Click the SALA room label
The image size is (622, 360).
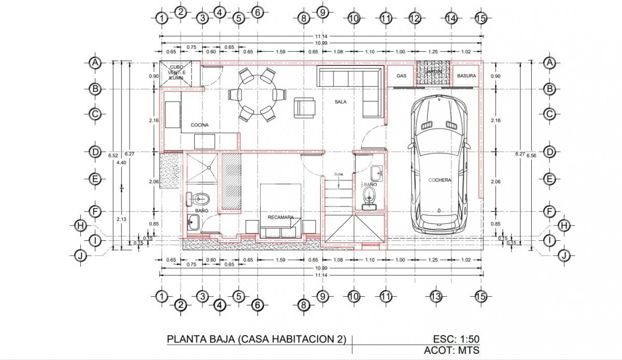click(341, 102)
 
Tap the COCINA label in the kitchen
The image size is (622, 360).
click(200, 125)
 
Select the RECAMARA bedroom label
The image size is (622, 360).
click(280, 218)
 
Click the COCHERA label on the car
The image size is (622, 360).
click(440, 180)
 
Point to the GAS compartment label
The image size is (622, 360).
click(401, 76)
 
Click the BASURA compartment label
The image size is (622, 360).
click(466, 76)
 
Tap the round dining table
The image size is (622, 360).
click(257, 95)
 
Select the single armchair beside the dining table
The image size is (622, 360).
click(304, 107)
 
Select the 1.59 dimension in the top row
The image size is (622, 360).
click(280, 52)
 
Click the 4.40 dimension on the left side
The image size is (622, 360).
click(121, 163)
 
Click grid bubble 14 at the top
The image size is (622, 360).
click(451, 18)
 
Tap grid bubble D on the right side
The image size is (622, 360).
click(550, 152)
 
